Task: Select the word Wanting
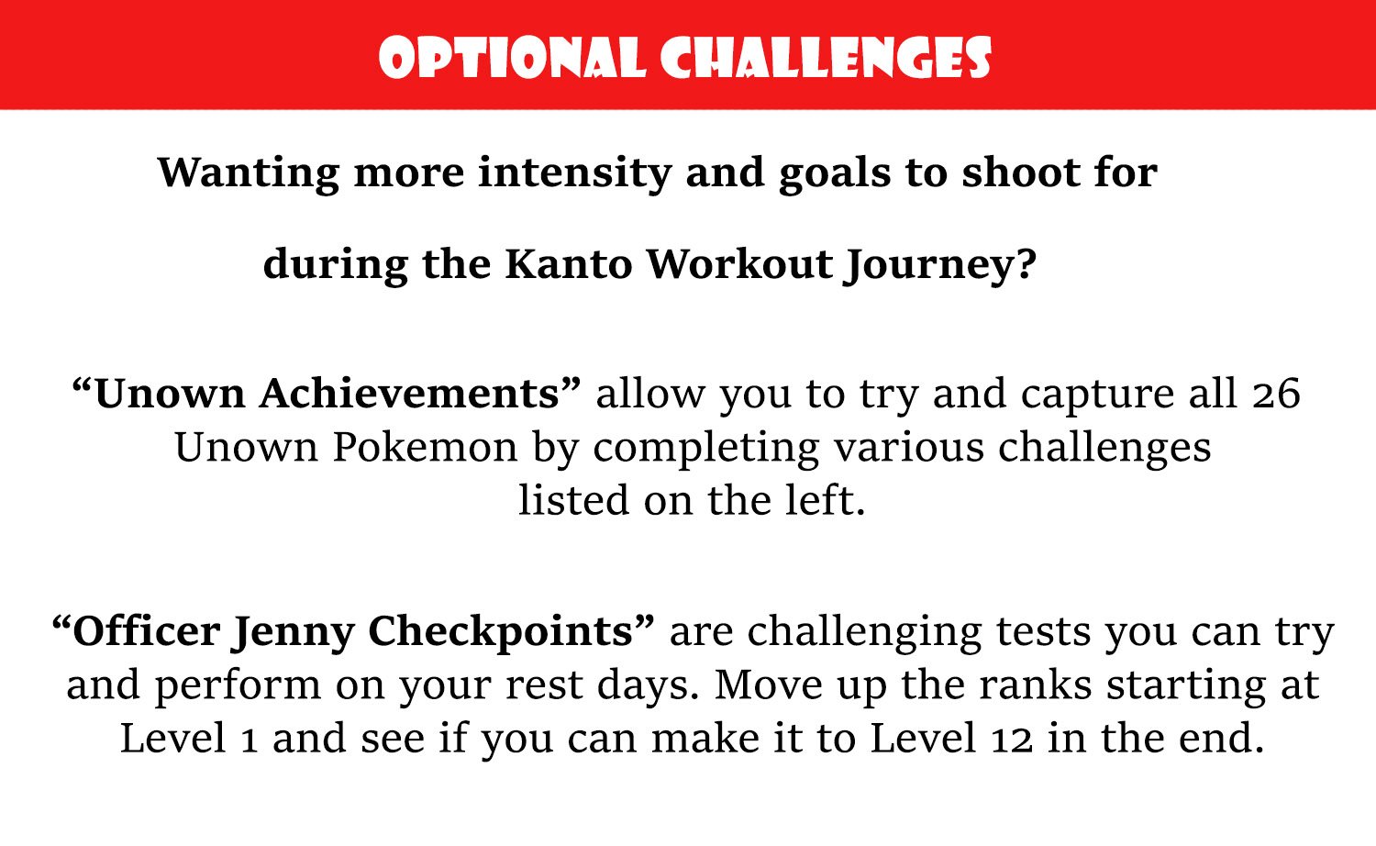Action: point(249,173)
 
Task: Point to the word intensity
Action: point(574,173)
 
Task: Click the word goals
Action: point(834,174)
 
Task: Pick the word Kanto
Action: point(569,264)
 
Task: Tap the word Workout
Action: point(739,264)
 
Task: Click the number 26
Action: point(1276,394)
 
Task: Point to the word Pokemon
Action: point(425,448)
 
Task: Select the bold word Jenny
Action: point(293,633)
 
